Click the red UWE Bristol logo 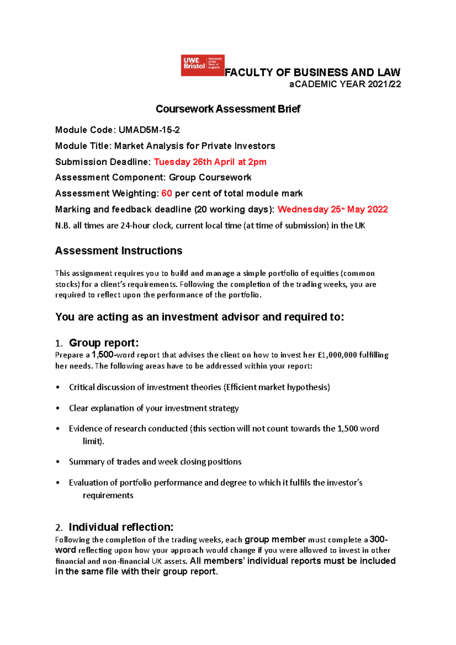coord(203,65)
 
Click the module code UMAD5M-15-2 coord(149,130)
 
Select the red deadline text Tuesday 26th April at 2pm coord(210,162)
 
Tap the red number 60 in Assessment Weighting coord(166,193)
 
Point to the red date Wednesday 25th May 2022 coord(332,209)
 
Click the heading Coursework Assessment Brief coord(228,109)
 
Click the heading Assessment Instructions coord(119,251)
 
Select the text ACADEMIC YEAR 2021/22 coord(345,84)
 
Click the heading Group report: coord(104,343)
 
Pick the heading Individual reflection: coord(121,527)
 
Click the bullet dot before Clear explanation coord(58,408)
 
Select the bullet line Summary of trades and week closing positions coord(155,462)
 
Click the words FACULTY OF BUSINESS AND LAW coord(312,72)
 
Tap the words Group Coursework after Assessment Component coord(210,177)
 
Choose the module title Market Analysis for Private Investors coord(195,146)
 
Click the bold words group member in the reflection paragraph coord(275,539)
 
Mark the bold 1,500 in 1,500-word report coord(103,355)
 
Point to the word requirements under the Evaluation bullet coord(108,495)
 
